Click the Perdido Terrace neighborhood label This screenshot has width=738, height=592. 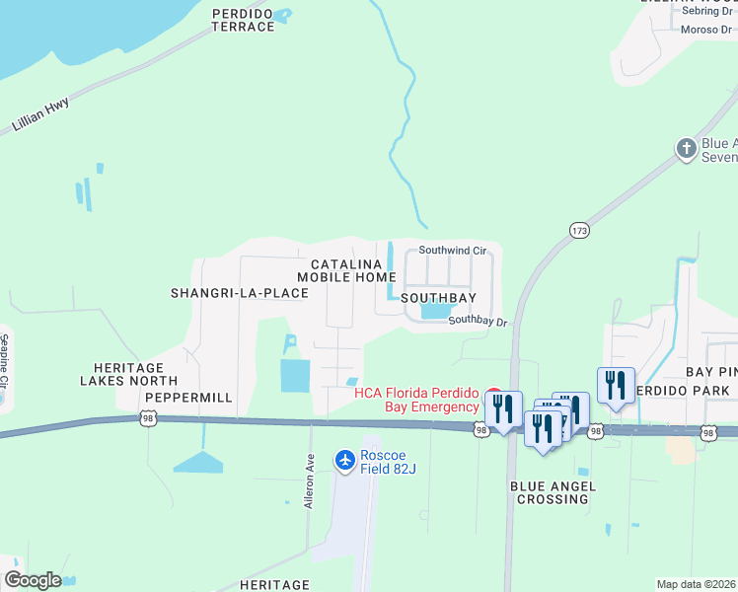(x=243, y=20)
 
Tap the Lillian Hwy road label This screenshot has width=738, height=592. (x=41, y=115)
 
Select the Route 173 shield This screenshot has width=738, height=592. (x=579, y=230)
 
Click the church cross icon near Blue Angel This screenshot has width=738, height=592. (x=687, y=149)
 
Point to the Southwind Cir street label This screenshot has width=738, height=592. (x=453, y=251)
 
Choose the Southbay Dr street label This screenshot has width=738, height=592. (x=478, y=321)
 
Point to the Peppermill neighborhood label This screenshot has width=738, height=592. (x=188, y=398)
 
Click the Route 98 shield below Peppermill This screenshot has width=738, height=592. (x=147, y=419)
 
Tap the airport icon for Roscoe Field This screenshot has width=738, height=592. (x=344, y=459)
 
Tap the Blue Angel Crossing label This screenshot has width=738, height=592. (x=551, y=492)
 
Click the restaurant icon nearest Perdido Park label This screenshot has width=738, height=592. (x=616, y=385)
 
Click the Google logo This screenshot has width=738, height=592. (x=33, y=580)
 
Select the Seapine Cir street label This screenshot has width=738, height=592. (x=4, y=360)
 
